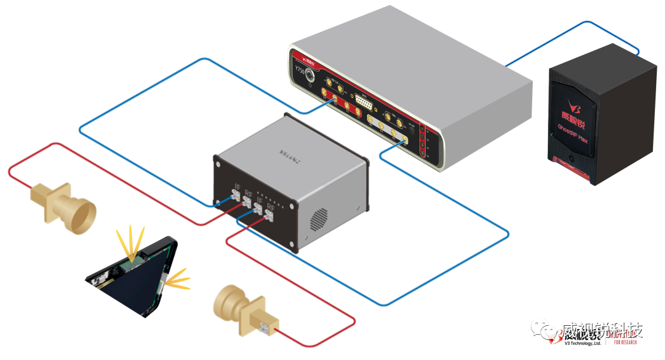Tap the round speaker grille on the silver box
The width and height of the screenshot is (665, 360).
click(x=319, y=218)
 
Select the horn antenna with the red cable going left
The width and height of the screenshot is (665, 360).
click(x=63, y=206)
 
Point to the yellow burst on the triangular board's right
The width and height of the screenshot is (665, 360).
click(x=177, y=278)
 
